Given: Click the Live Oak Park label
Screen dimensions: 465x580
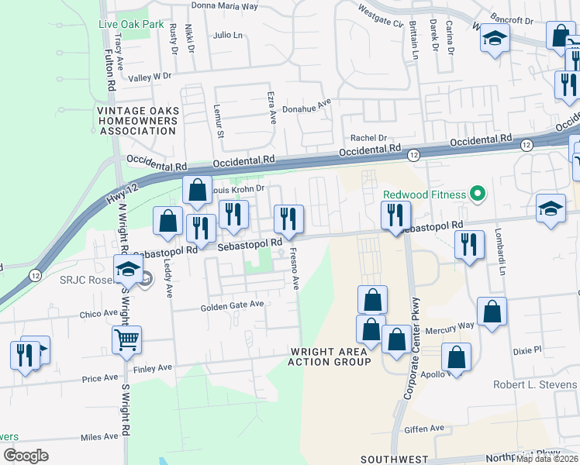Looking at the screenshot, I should click(x=132, y=24).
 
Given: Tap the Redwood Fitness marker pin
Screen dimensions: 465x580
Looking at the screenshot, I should click(x=478, y=194).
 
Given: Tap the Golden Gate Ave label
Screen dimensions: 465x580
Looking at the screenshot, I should click(x=233, y=305).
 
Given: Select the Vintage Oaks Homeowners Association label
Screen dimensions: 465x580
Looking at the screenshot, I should click(x=137, y=121).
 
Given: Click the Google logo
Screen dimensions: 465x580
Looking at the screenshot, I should click(x=26, y=456).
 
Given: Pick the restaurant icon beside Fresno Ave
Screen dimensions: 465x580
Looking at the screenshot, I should click(x=288, y=219).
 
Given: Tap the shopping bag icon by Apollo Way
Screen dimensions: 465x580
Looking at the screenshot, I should click(x=456, y=357).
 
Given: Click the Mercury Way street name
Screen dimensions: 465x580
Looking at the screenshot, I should click(x=454, y=326).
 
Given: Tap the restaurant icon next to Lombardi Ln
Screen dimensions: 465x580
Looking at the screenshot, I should click(x=468, y=244).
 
